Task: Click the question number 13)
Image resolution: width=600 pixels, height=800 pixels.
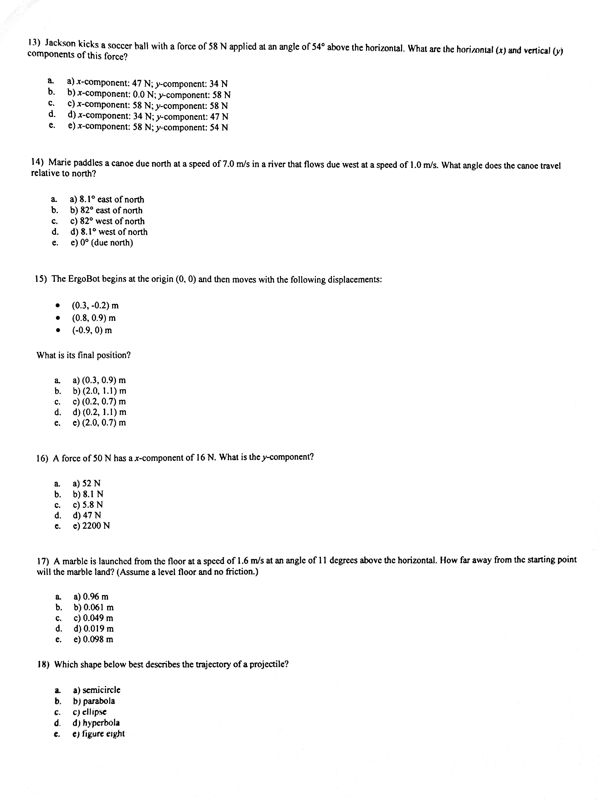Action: pyautogui.click(x=34, y=42)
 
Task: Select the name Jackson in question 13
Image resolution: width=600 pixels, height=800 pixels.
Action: pyautogui.click(x=60, y=43)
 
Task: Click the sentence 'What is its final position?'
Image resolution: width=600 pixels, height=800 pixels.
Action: pyautogui.click(x=83, y=355)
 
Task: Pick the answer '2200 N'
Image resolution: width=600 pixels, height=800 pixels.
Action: pyautogui.click(x=91, y=526)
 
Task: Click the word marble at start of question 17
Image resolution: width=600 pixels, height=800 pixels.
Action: pyautogui.click(x=75, y=561)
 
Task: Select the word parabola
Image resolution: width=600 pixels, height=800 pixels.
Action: pyautogui.click(x=99, y=701)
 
